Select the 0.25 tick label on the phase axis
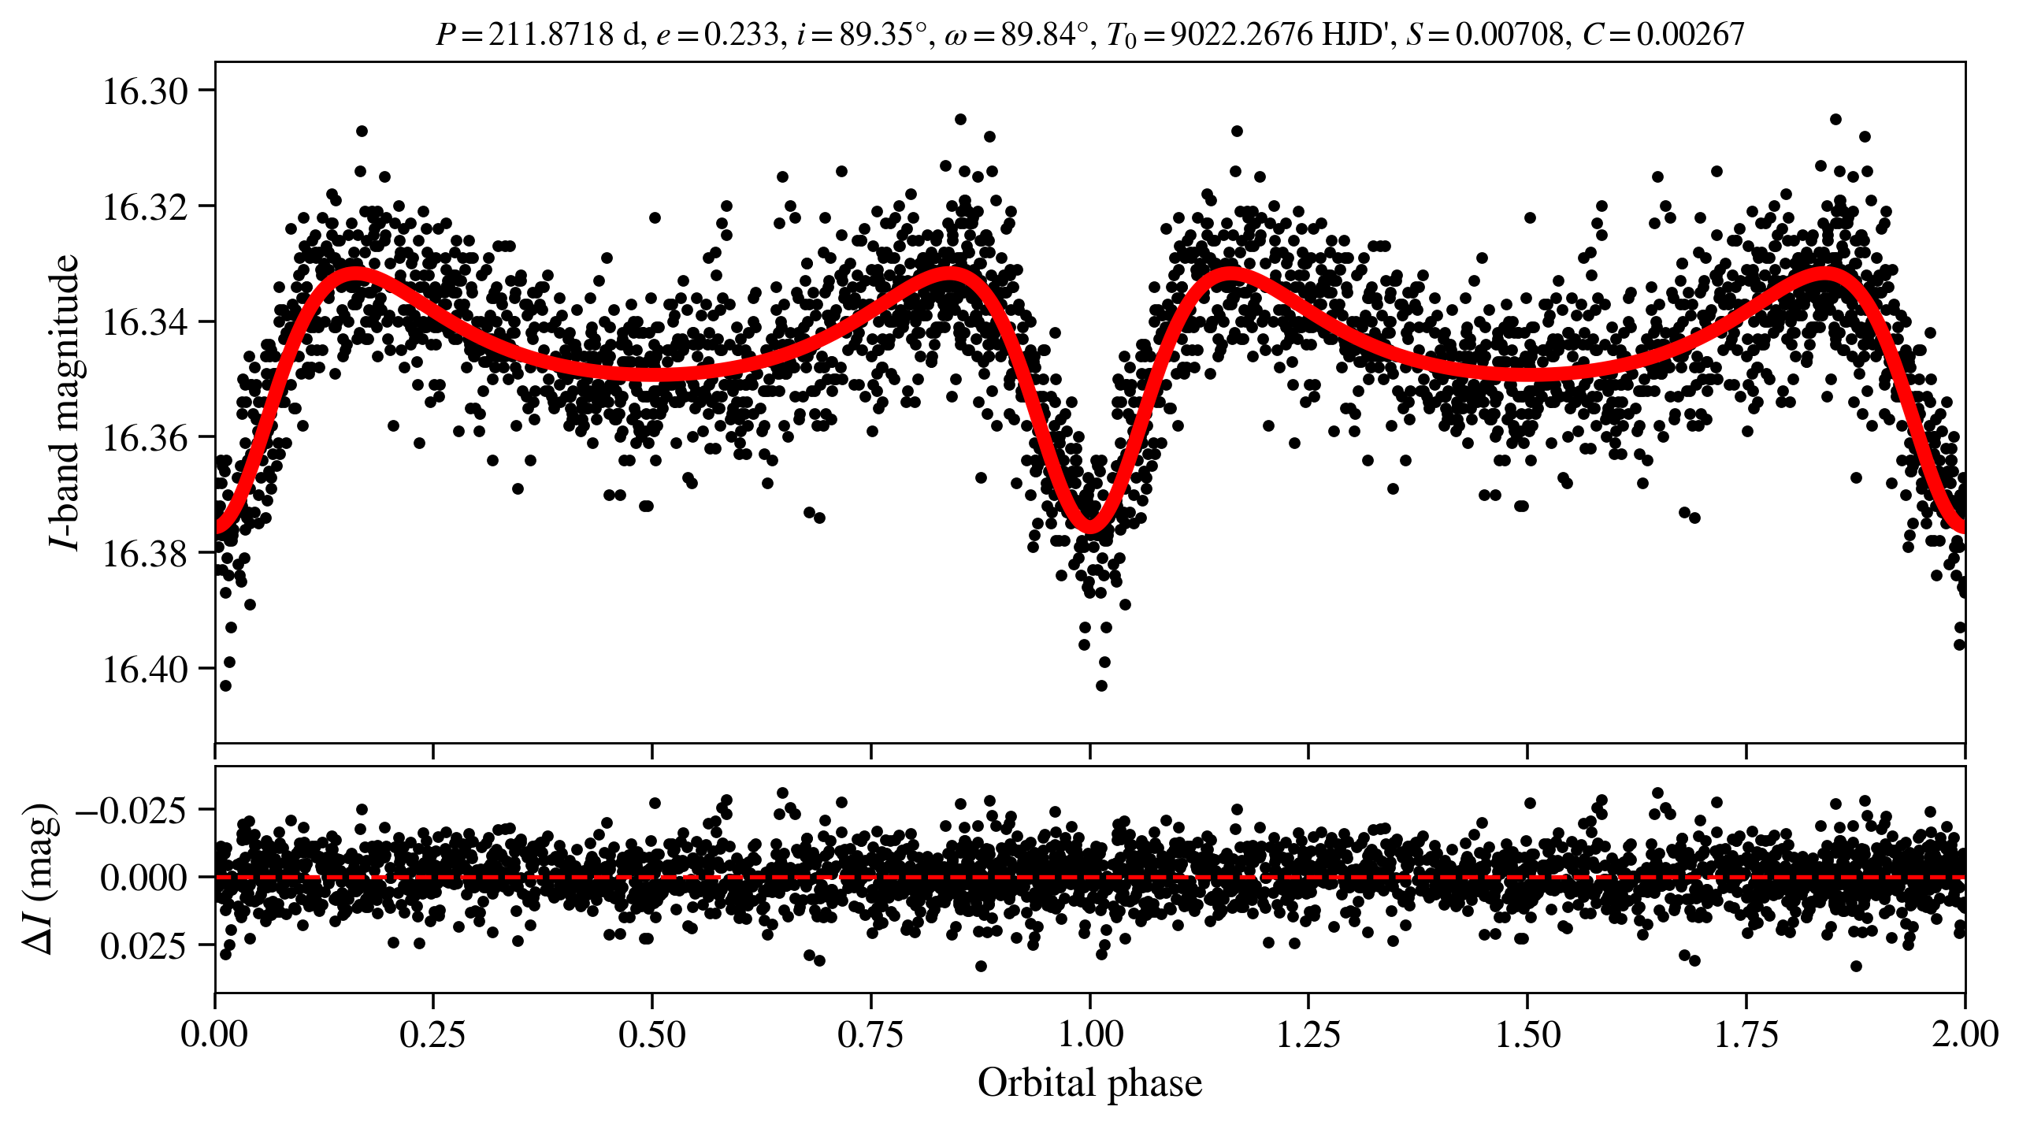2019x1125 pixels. tap(432, 1034)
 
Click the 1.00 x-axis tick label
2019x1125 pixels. tap(1089, 1034)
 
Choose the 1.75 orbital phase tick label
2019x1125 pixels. tap(1746, 1034)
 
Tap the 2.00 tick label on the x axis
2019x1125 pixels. tap(1964, 1034)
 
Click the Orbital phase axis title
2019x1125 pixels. tap(1089, 1083)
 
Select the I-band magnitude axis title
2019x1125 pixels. tap(65, 402)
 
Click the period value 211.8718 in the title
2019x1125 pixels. tap(551, 35)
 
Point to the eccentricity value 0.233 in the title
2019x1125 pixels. tap(740, 35)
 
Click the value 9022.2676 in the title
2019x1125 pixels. tap(1241, 35)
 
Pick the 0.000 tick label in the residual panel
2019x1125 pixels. tap(144, 878)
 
